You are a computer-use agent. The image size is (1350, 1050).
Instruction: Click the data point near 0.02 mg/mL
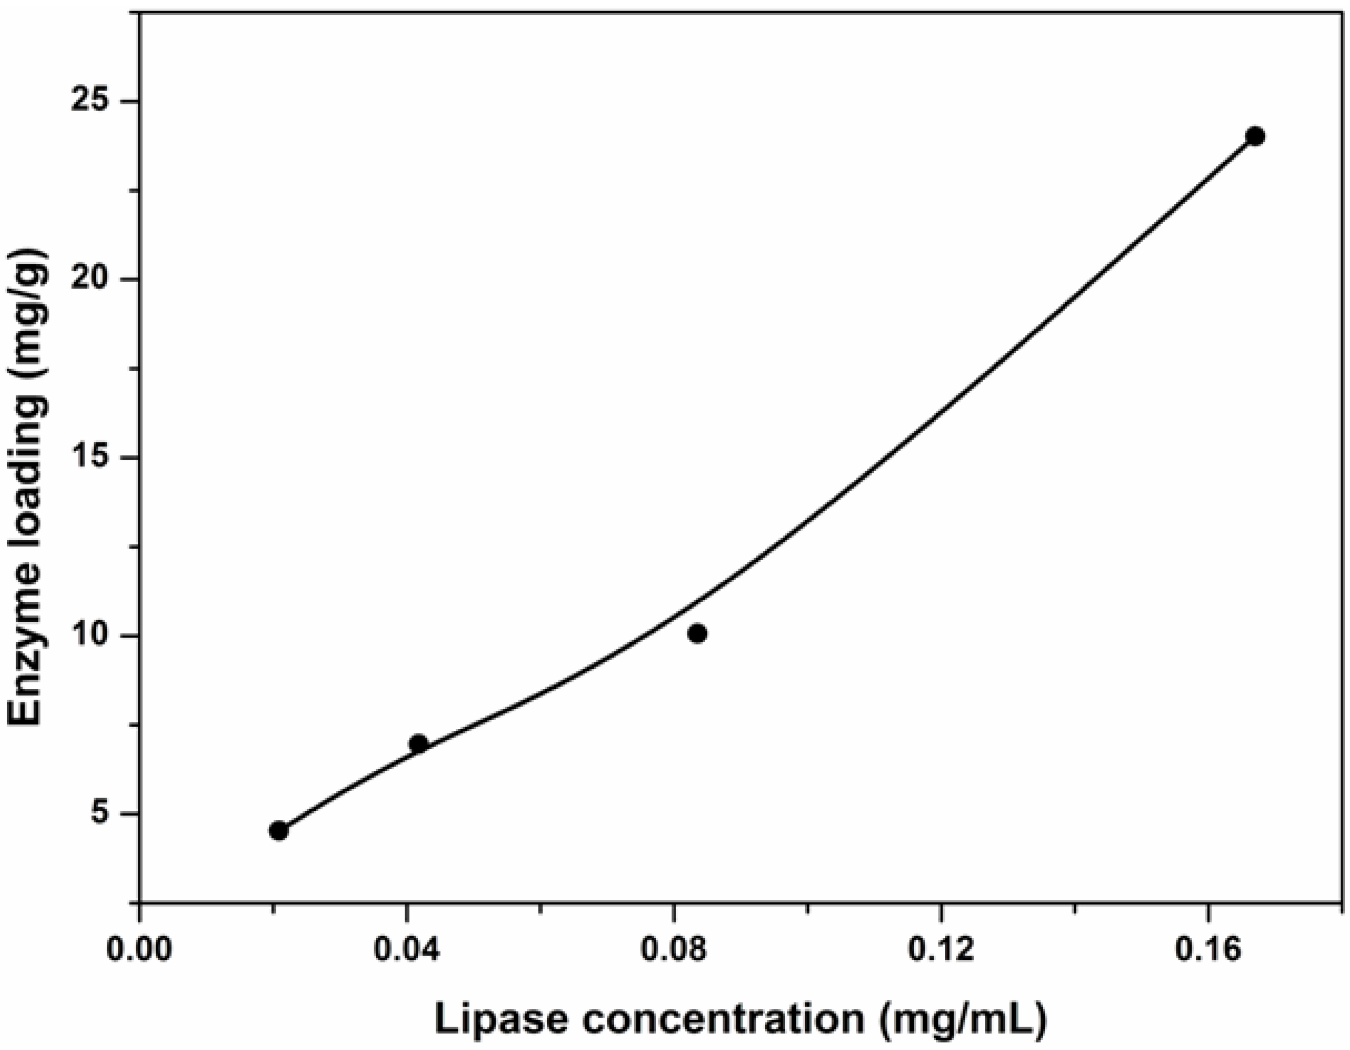tap(279, 831)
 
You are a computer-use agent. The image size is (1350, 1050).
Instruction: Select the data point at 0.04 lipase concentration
tap(418, 744)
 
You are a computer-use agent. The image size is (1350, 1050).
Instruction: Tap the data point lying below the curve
tap(697, 634)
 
